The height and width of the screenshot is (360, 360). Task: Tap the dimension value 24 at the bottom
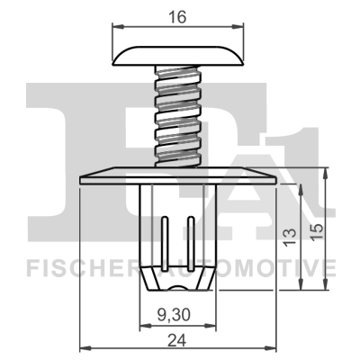[177, 341]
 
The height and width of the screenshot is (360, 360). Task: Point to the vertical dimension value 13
[290, 236]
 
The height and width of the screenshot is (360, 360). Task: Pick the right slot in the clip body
[191, 237]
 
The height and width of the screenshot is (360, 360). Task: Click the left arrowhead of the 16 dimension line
[116, 29]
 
